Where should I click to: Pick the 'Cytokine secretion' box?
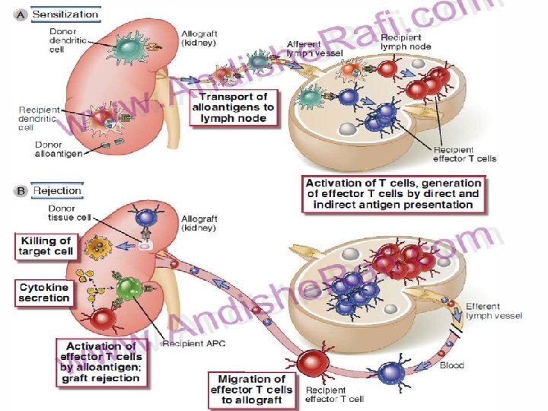click(44, 293)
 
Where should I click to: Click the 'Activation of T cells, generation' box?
click(393, 193)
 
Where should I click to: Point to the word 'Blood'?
click(452, 365)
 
